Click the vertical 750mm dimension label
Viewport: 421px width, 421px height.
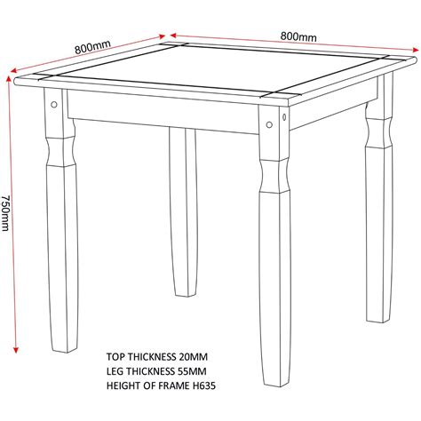point(7,214)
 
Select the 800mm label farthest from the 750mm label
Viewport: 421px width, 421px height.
point(299,36)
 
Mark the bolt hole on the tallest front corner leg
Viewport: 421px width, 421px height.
point(282,115)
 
